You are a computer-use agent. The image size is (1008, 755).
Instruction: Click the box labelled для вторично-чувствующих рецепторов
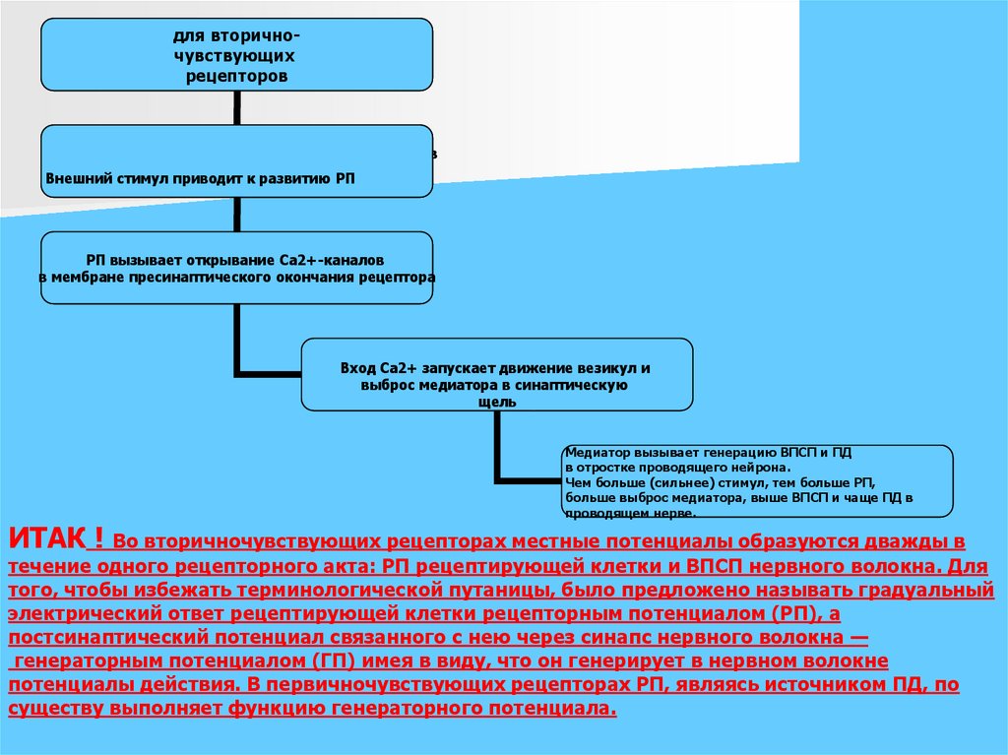(236, 54)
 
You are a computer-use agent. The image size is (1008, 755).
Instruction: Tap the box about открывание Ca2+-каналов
(236, 268)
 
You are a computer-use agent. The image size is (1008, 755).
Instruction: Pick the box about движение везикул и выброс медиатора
(496, 375)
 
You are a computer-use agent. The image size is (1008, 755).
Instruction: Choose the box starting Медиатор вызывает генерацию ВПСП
(756, 480)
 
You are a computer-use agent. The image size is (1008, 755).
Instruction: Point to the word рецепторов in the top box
(236, 76)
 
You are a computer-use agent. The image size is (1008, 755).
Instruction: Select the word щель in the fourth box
(496, 402)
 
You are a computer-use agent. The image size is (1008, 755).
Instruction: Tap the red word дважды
(904, 542)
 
